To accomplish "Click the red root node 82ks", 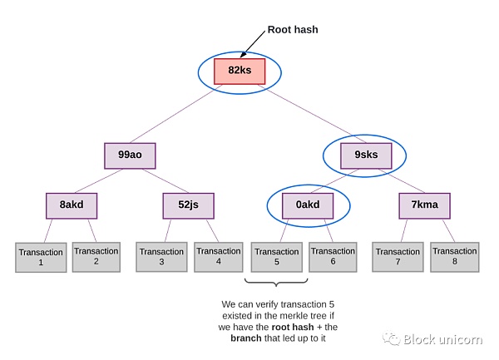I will point(240,71).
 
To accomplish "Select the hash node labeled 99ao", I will point(130,155).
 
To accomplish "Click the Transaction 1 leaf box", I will point(40,257).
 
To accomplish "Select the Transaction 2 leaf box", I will point(96,256).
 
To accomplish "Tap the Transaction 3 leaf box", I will point(161,256).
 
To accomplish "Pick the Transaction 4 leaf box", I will point(219,256).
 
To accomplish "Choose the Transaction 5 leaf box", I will point(276,257).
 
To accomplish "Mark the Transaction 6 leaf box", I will point(333,256).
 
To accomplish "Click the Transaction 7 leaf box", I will point(397,256).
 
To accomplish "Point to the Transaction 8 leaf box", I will point(454,256).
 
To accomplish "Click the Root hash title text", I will point(292,30).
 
